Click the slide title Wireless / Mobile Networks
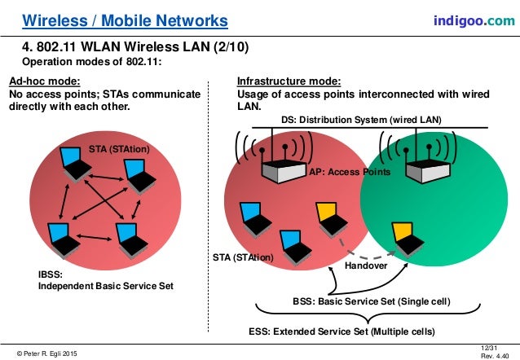pyautogui.click(x=124, y=19)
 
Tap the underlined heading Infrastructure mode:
pyautogui.click(x=289, y=81)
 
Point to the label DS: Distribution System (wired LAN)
pyautogui.click(x=359, y=120)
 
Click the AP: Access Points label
pyautogui.click(x=349, y=173)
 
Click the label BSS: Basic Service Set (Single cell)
pyautogui.click(x=371, y=301)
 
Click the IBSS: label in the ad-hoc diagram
pyautogui.click(x=41, y=275)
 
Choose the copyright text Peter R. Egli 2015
pyautogui.click(x=48, y=353)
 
